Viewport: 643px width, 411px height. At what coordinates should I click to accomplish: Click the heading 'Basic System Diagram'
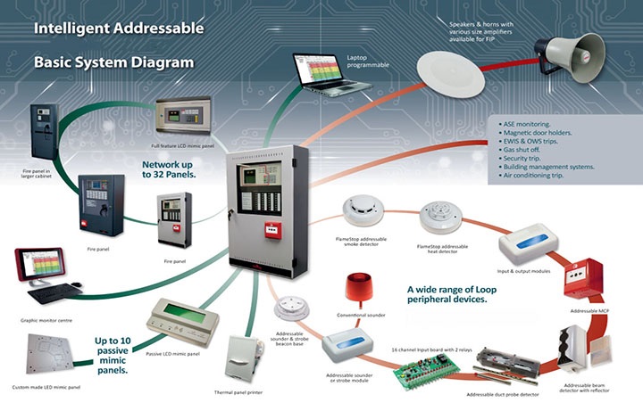[x=113, y=63]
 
